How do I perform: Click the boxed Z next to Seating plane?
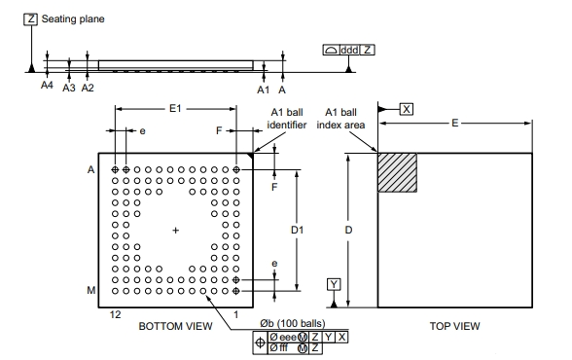pyautogui.click(x=30, y=19)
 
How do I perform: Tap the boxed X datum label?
pyautogui.click(x=407, y=109)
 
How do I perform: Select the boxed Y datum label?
pyautogui.click(x=334, y=284)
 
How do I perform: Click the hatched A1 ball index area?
pyautogui.click(x=397, y=172)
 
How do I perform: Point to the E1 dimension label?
pyautogui.click(x=175, y=108)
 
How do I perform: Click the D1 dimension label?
pyautogui.click(x=297, y=231)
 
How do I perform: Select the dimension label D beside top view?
pyautogui.click(x=348, y=231)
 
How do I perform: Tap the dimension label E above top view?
pyautogui.click(x=454, y=123)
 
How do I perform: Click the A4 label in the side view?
pyautogui.click(x=47, y=86)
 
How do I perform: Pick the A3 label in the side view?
pyautogui.click(x=68, y=88)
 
